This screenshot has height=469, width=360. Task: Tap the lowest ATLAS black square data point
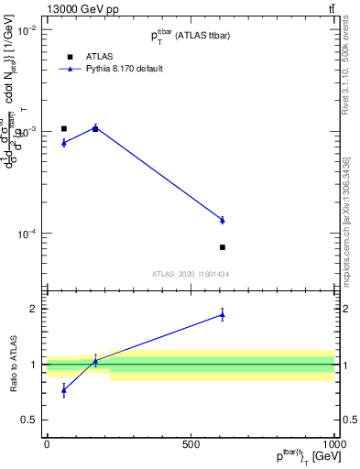click(222, 247)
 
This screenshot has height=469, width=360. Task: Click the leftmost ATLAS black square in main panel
click(63, 128)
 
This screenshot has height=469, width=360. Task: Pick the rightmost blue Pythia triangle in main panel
click(222, 220)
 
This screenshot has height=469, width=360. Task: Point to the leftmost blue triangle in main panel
click(63, 143)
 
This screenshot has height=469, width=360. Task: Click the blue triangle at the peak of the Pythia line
click(95, 128)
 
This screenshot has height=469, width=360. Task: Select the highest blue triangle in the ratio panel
click(222, 315)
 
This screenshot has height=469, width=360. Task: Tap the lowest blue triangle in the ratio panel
click(63, 390)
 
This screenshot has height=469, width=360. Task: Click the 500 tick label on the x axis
click(191, 444)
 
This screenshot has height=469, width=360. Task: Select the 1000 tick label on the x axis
click(333, 444)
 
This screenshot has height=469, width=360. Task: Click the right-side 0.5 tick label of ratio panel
click(348, 420)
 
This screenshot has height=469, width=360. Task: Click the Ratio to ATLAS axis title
click(12, 365)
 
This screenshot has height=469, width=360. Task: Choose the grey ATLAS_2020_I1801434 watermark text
click(191, 274)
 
